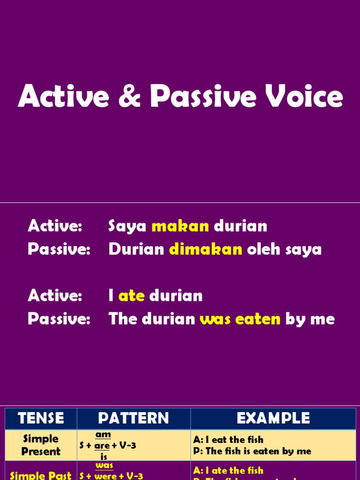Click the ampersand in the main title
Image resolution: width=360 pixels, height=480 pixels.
133,97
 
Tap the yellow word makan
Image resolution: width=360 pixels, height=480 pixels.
180,226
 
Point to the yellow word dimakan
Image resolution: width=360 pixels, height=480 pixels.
205,249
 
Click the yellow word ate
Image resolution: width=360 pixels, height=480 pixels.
131,296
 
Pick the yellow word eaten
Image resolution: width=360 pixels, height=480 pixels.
258,319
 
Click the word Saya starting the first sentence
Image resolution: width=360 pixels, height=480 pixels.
127,226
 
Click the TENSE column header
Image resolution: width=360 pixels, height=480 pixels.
41,419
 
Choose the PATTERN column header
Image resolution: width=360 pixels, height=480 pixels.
134,419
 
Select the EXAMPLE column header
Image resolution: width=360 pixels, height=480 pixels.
273,419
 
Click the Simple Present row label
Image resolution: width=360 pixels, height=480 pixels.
41,445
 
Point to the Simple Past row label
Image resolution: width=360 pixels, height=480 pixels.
41,474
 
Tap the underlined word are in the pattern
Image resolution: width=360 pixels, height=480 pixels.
102,446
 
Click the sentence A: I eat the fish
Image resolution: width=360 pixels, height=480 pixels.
228,440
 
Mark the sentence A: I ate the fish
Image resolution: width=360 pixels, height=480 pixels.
228,470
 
